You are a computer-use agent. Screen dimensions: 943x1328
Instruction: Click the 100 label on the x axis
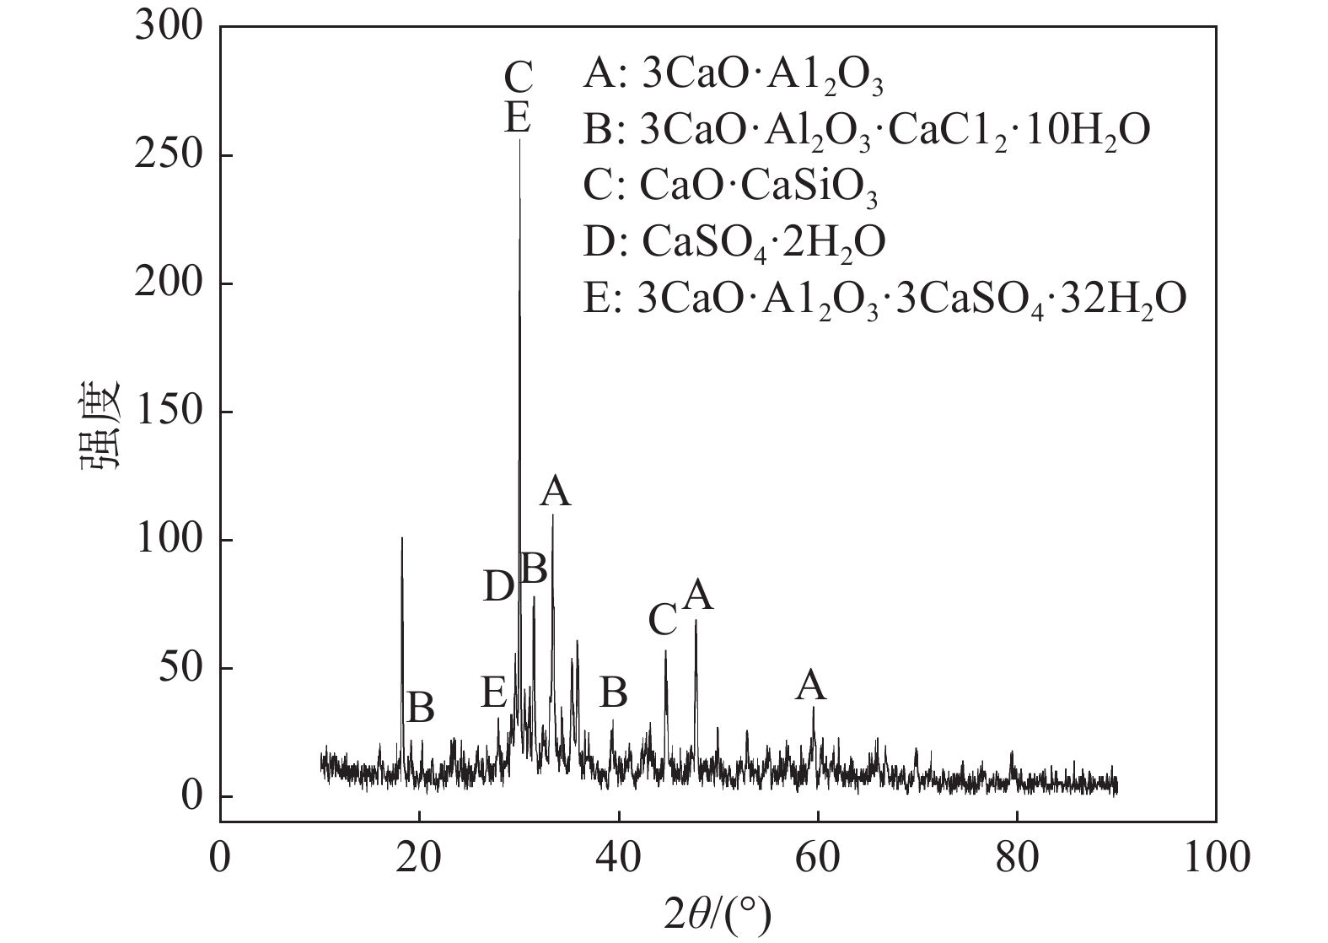click(x=1215, y=858)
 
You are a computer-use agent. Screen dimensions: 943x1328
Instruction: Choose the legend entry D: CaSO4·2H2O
click(x=734, y=242)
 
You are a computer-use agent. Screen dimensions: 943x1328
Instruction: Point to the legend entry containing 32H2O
click(x=884, y=298)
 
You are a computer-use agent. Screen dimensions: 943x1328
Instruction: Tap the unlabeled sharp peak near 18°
click(x=402, y=539)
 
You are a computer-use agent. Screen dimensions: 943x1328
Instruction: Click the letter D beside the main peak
click(x=498, y=586)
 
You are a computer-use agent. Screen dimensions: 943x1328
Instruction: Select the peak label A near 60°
click(x=811, y=686)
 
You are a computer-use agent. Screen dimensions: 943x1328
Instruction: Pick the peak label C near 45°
click(x=664, y=622)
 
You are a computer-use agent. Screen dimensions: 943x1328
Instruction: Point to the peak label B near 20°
click(x=420, y=708)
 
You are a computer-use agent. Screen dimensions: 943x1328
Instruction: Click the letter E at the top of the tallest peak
click(x=518, y=117)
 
